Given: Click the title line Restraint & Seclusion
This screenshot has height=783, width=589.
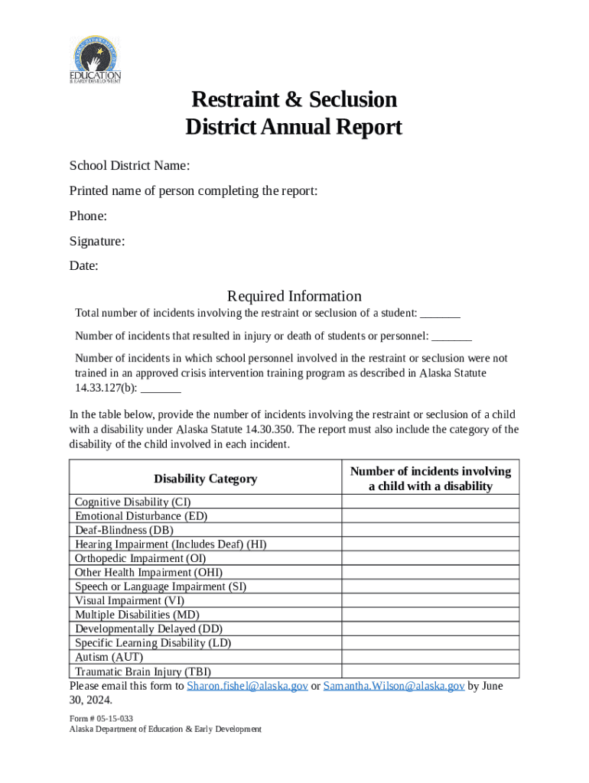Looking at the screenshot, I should tap(294, 100).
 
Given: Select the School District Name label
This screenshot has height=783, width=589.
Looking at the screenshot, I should tap(129, 166).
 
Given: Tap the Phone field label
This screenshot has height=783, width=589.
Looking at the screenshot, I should tap(88, 216).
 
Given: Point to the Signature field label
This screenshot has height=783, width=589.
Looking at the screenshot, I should tap(97, 242).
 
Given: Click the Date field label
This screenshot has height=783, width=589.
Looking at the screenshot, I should tap(83, 266).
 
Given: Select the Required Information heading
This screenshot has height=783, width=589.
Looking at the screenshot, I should tap(294, 296).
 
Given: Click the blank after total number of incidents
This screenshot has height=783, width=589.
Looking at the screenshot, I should tap(441, 314).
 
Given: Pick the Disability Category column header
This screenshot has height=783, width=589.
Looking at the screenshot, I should tap(205, 479).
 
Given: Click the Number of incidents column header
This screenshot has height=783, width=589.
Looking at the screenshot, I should tap(430, 479).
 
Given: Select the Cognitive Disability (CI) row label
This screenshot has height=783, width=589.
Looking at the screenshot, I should tap(132, 502).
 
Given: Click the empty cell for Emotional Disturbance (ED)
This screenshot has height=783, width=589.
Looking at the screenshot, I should tap(430, 516).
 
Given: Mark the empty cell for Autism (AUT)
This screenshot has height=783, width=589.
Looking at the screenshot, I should tap(430, 657).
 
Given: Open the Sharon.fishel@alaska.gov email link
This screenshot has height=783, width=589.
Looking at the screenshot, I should tap(248, 686).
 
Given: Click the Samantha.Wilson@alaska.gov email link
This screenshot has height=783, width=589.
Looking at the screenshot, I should tap(394, 686).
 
